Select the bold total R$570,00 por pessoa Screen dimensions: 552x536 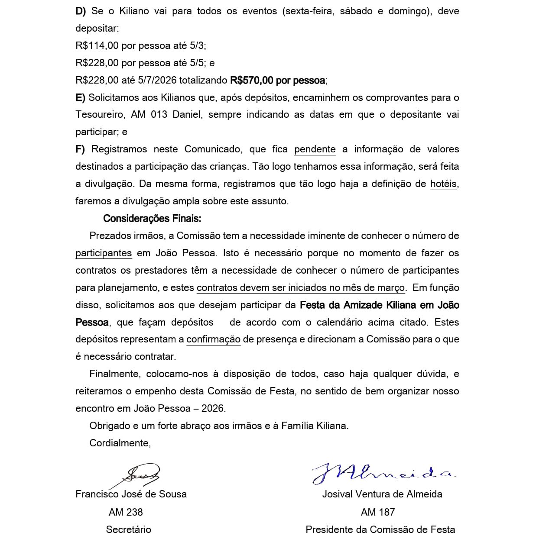click(278, 80)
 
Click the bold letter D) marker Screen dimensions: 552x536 click(81, 11)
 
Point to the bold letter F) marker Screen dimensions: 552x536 click(80, 149)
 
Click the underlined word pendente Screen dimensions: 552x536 click(315, 149)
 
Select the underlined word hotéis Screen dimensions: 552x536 click(443, 184)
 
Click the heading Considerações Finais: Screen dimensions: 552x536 click(152, 218)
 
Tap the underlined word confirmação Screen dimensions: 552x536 click(213, 339)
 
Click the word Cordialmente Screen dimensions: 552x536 click(120, 443)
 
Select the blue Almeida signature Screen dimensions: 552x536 click(383, 473)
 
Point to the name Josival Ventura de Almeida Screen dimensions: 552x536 click(382, 494)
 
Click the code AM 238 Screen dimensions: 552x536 click(126, 512)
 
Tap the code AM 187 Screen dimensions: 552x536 click(377, 512)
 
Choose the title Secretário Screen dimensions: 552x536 click(128, 529)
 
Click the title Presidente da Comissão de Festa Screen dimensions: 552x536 click(380, 529)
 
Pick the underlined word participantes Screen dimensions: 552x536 click(104, 253)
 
